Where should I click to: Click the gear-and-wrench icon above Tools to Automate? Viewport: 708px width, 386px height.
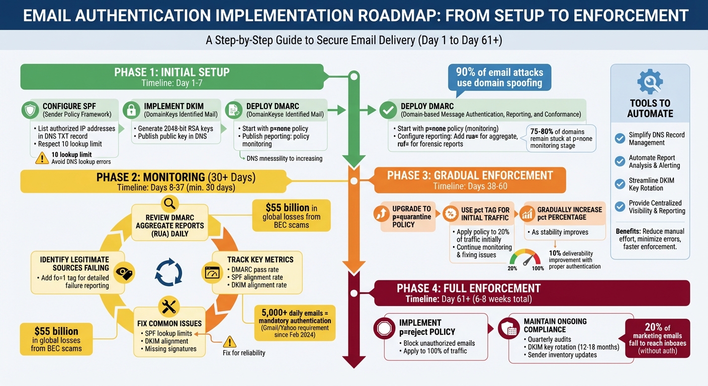click(650, 82)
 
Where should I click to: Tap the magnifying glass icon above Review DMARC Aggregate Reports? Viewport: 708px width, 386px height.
click(169, 203)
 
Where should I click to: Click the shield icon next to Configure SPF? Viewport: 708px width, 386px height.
click(30, 110)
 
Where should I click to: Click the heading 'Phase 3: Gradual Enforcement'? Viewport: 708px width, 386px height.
click(470, 175)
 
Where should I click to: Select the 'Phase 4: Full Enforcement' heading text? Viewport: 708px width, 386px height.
click(468, 288)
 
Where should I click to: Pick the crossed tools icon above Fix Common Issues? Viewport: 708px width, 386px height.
click(169, 306)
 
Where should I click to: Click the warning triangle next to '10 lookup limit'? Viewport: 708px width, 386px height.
click(42, 158)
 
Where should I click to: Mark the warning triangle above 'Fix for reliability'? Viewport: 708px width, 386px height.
click(229, 342)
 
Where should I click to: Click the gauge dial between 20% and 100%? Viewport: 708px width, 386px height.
click(524, 258)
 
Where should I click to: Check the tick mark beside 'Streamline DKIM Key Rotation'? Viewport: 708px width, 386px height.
click(620, 184)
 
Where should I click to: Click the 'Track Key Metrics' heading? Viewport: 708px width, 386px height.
click(260, 259)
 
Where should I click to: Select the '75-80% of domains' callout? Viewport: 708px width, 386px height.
click(561, 138)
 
